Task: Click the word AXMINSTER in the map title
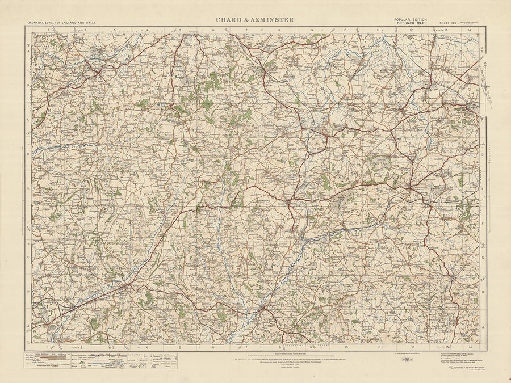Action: point(272,20)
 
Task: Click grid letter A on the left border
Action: point(28,50)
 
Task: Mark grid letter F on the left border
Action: point(28,223)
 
